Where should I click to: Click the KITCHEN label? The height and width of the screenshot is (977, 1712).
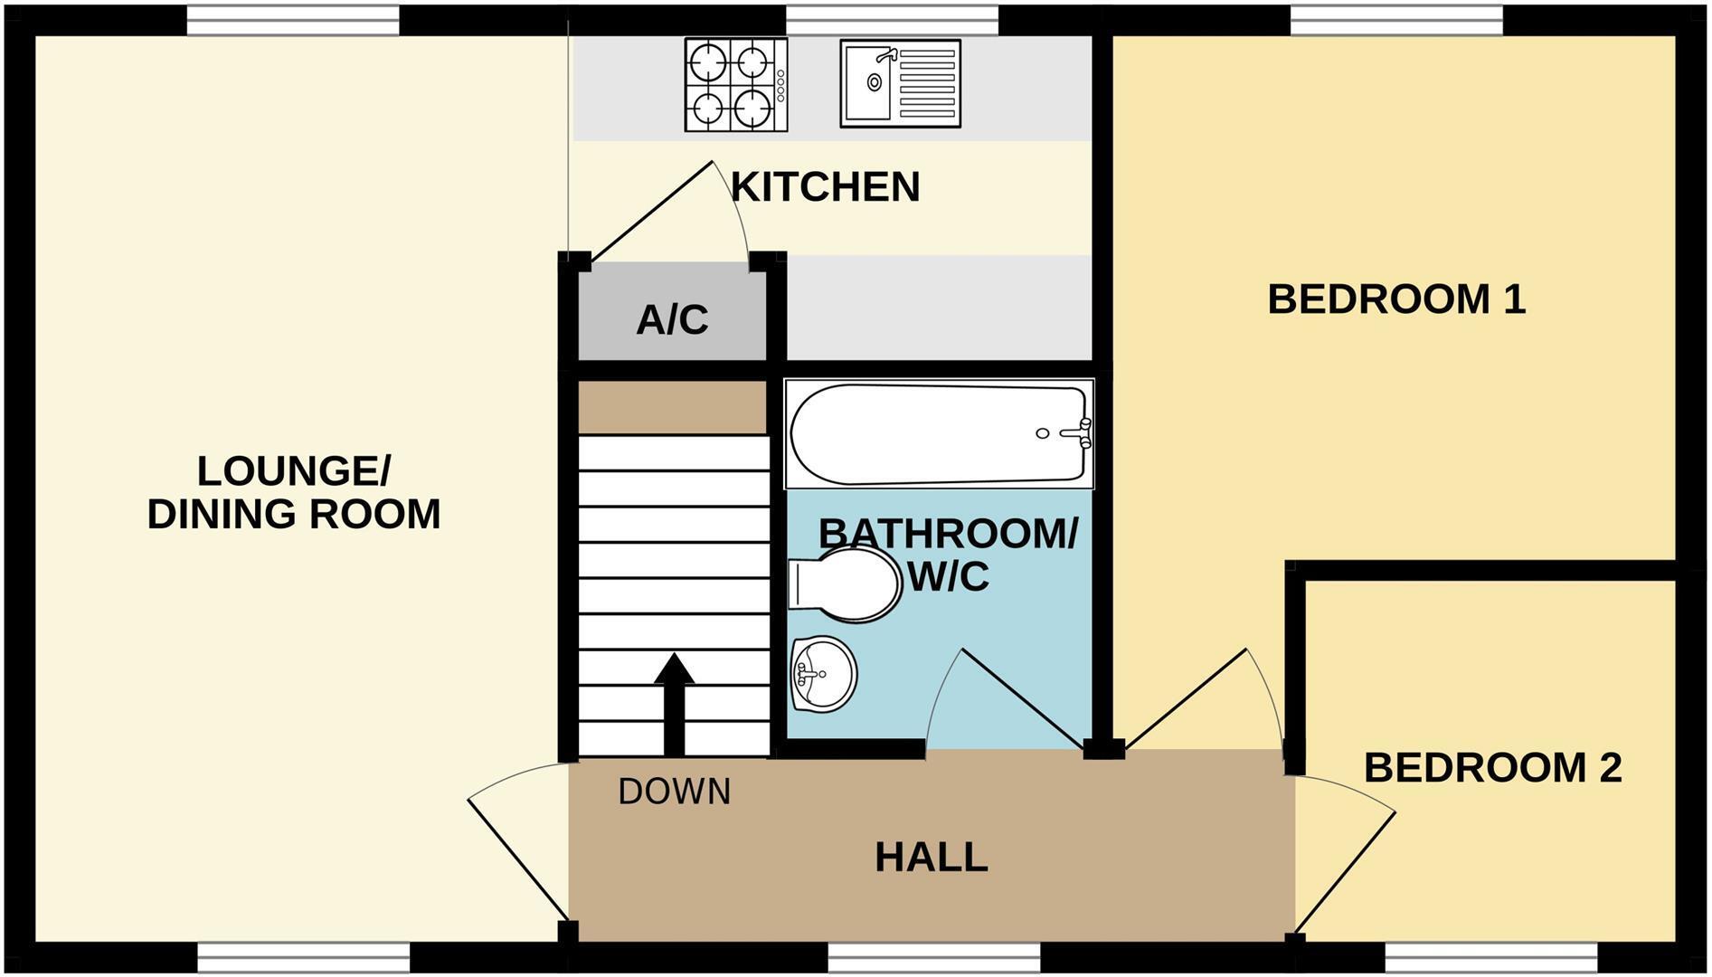click(825, 187)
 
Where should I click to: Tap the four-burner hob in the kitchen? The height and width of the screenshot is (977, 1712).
click(734, 84)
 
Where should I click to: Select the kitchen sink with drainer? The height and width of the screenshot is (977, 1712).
click(900, 82)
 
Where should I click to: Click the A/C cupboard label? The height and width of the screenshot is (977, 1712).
click(672, 320)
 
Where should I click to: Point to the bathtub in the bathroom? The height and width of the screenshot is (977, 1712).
click(938, 434)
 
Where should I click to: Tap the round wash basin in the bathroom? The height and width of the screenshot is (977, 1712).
click(823, 674)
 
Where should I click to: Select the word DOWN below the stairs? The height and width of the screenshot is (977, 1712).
click(675, 792)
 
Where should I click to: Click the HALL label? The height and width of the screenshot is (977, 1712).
click(931, 857)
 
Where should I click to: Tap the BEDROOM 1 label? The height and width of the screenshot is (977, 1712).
click(1396, 299)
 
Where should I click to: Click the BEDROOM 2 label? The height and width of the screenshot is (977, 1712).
click(1492, 767)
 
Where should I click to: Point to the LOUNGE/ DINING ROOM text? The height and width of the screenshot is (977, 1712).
click(294, 493)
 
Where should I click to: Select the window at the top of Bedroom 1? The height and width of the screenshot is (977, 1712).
click(1395, 20)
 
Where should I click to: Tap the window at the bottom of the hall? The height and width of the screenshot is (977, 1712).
click(933, 957)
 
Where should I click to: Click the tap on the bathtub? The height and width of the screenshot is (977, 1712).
click(1084, 433)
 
